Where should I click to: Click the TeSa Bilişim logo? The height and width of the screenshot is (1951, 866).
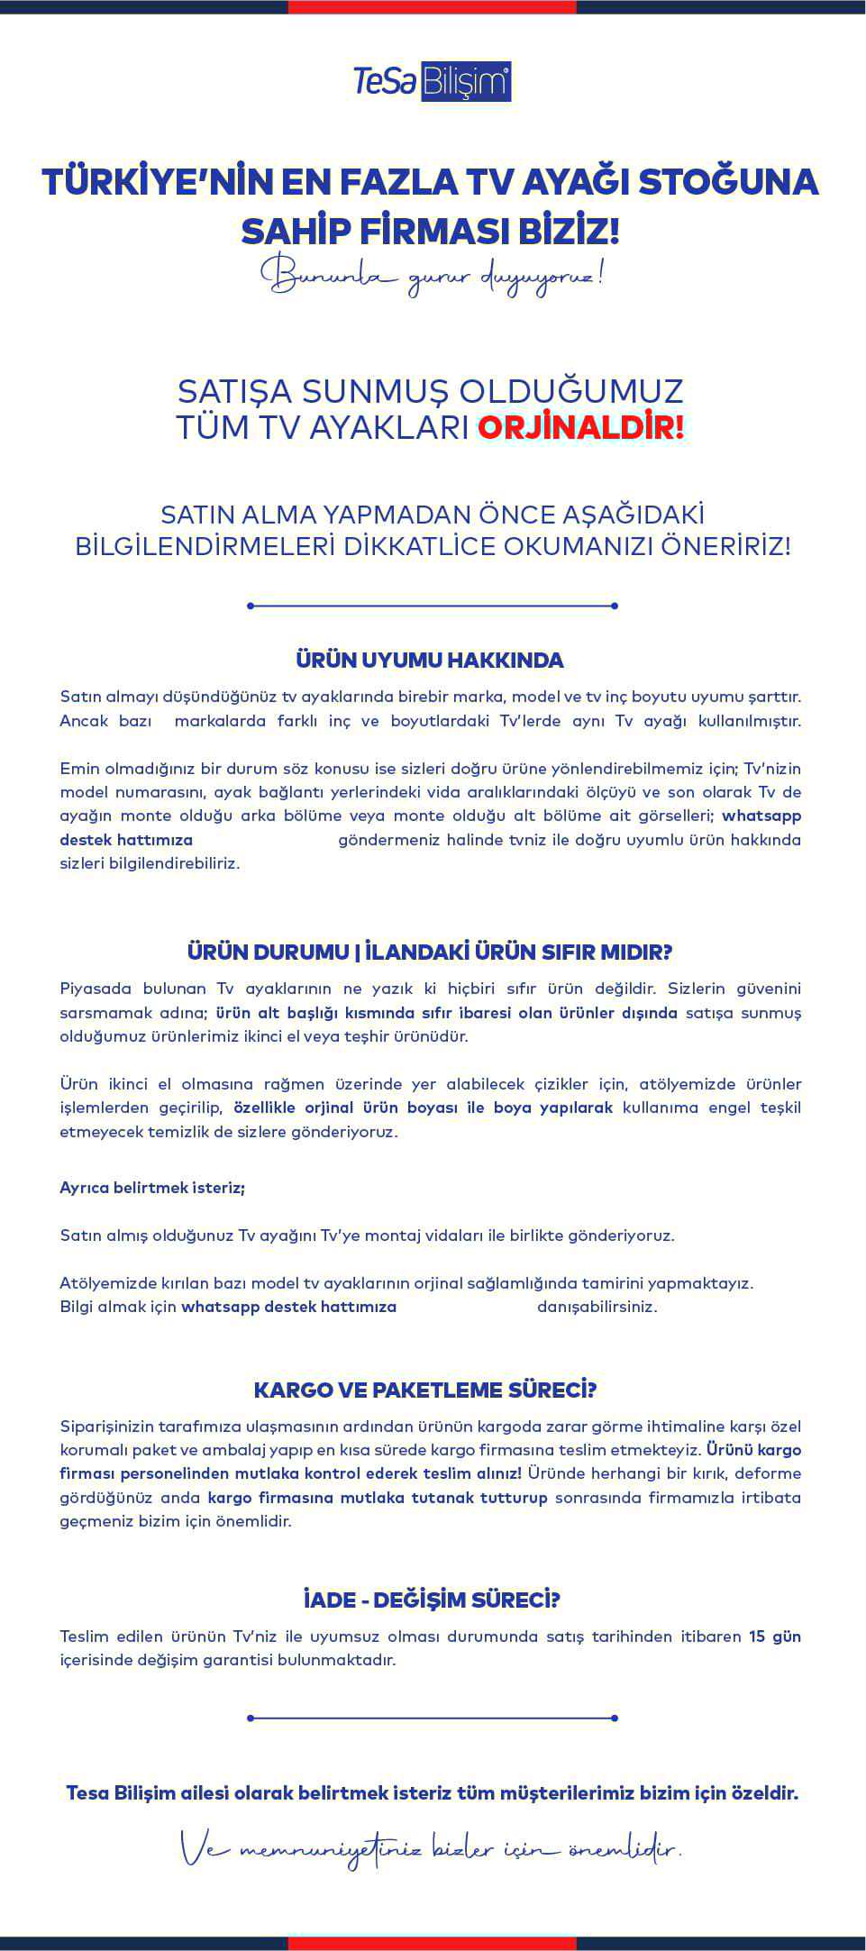pos(433,82)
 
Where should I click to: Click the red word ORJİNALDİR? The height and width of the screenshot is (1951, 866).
pos(581,427)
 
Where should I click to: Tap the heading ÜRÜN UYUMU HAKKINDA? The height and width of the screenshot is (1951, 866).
pos(430,660)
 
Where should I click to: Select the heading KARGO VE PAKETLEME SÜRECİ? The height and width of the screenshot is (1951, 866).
pos(425,1390)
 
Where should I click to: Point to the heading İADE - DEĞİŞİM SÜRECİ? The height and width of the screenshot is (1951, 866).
pos(432,1600)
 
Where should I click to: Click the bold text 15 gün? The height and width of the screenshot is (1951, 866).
pos(774,1636)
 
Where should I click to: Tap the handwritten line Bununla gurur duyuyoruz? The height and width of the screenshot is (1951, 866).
pos(432,275)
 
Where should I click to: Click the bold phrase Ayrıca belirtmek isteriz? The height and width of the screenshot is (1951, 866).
pos(152,1188)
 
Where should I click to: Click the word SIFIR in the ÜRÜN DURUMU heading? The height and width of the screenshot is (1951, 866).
pos(561,952)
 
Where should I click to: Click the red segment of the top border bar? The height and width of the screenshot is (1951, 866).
pos(432,6)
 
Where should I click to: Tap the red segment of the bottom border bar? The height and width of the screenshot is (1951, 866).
pos(432,1943)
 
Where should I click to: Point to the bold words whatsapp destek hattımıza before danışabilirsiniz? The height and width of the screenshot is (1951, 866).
pos(288,1307)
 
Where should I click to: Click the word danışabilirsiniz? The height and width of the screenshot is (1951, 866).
pos(597,1307)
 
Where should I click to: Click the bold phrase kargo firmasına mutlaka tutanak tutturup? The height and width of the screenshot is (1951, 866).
pos(378,1498)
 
